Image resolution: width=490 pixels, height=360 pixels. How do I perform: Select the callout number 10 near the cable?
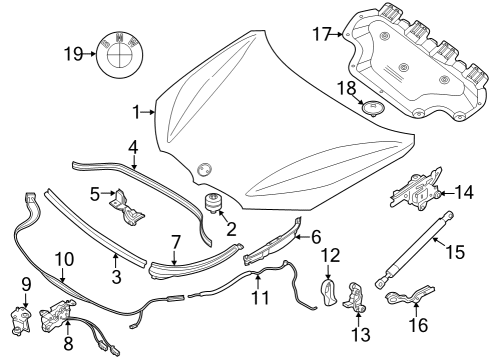coord(63,260)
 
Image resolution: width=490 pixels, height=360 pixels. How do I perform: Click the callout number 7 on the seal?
coord(175,242)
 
